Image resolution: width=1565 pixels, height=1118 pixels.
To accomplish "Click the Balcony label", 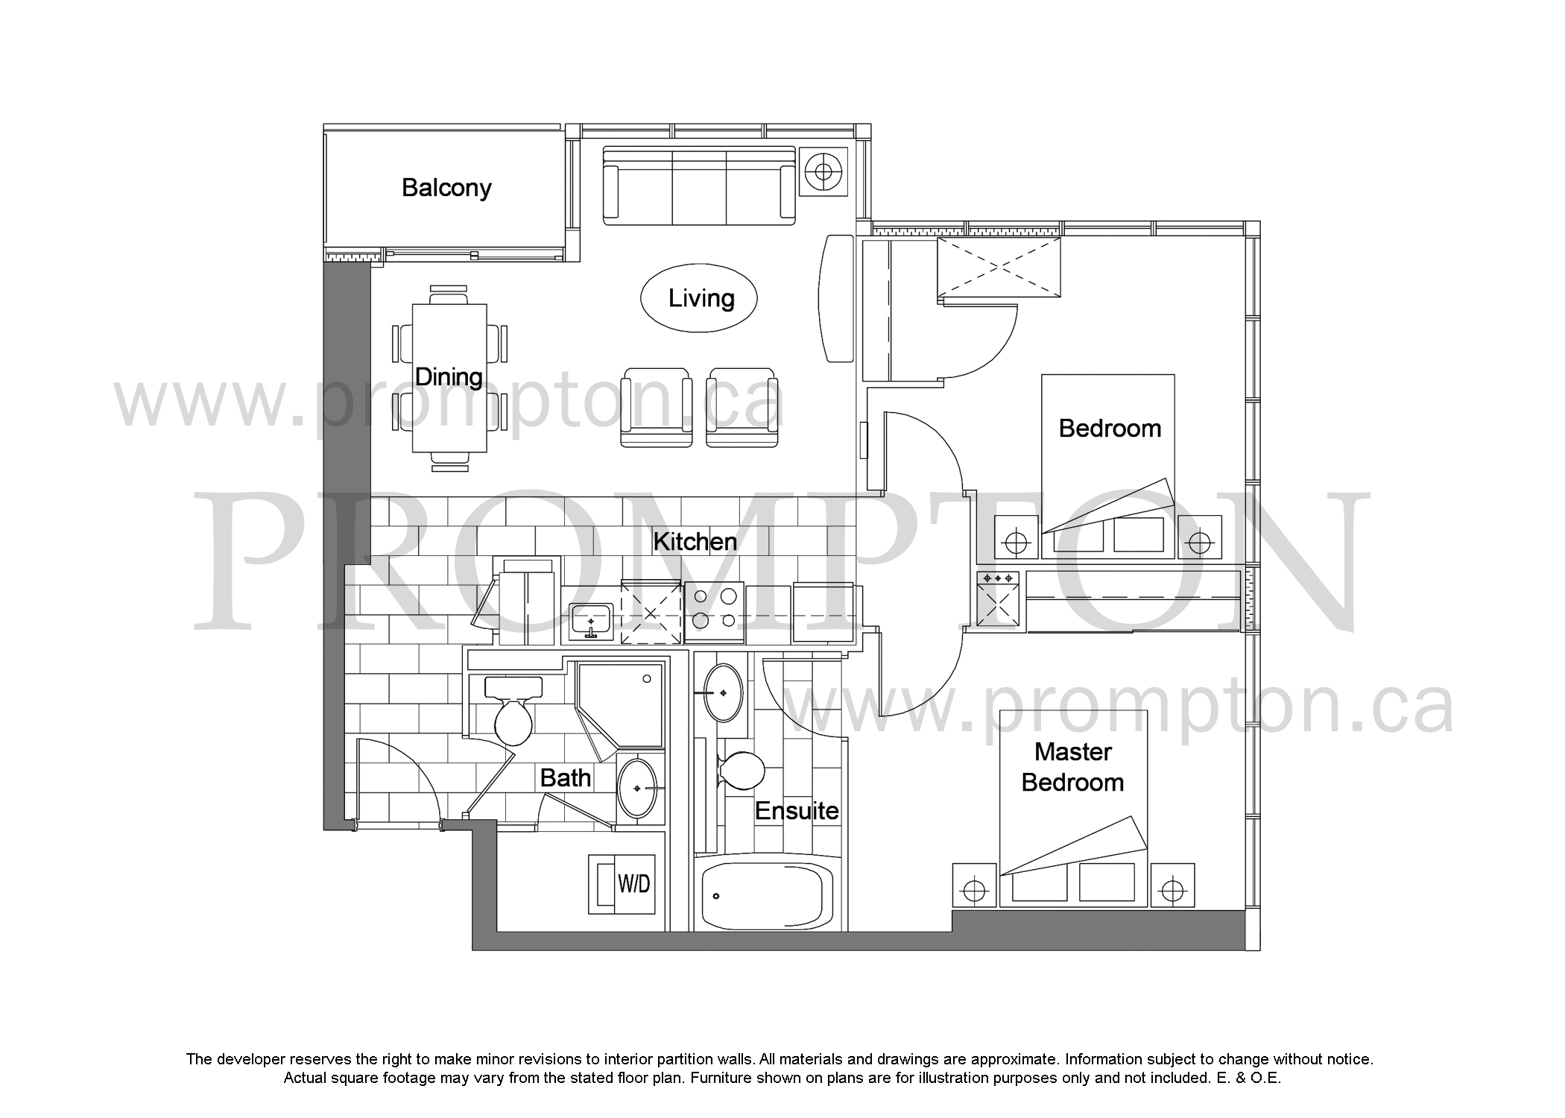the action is tap(446, 188).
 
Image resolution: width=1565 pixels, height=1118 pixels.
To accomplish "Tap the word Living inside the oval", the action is tap(701, 298).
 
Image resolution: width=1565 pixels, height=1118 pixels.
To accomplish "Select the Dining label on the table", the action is tap(449, 376).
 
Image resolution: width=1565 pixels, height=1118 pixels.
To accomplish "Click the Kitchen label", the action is tap(695, 541).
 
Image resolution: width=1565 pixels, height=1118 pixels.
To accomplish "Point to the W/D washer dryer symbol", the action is tap(622, 884).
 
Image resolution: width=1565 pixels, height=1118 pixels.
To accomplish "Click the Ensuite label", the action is tap(797, 810).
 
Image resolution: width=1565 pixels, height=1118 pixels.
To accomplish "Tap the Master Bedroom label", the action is tap(1072, 767).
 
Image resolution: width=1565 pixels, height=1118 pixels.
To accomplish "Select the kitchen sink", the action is tap(591, 622).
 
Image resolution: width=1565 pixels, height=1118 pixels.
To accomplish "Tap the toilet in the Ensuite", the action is tap(741, 769).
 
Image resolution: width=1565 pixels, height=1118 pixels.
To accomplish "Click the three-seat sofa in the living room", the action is tap(699, 185).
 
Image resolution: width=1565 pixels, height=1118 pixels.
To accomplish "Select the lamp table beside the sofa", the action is tap(823, 172).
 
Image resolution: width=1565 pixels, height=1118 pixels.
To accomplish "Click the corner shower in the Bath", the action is tap(620, 708).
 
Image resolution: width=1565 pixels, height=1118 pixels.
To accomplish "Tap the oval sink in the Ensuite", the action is tap(723, 692).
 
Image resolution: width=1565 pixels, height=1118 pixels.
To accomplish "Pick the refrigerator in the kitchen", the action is tap(527, 601).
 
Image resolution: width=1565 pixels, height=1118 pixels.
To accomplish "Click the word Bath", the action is tap(566, 778).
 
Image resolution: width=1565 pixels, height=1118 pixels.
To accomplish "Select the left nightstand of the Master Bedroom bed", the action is tap(975, 885).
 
